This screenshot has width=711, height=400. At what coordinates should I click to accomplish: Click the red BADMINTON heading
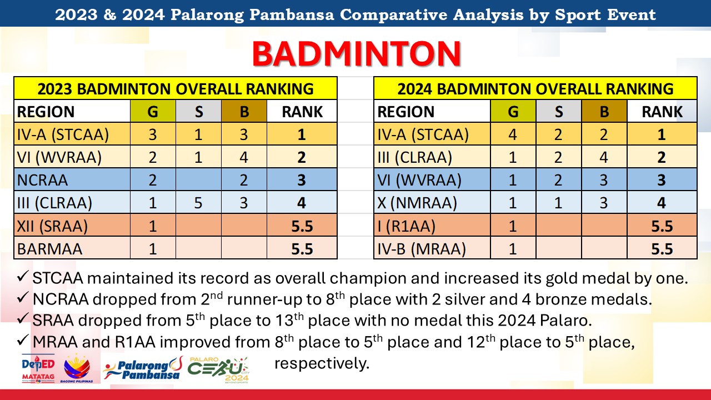tap(356, 54)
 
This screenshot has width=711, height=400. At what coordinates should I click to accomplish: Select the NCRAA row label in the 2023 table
tap(42, 180)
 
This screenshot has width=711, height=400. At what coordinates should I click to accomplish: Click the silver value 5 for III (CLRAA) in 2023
tap(198, 203)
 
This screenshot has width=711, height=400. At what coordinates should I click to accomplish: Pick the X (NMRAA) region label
tap(417, 203)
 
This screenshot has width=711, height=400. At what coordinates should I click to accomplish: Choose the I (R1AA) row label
tap(406, 226)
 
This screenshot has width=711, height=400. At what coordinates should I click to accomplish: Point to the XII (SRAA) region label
tap(52, 226)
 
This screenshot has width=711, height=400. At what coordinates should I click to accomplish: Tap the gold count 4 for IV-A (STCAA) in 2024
tap(513, 134)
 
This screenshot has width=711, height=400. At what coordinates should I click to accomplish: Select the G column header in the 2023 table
tap(153, 112)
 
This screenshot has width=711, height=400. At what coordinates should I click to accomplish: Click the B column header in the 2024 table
tap(604, 112)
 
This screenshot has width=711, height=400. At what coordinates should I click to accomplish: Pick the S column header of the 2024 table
tap(559, 112)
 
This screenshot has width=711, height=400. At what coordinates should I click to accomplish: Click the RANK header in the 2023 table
tap(302, 112)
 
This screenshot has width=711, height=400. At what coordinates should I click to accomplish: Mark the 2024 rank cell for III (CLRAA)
tap(662, 157)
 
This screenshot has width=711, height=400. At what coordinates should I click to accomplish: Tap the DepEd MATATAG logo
tap(38, 368)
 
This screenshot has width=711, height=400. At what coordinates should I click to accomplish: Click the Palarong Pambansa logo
tap(143, 369)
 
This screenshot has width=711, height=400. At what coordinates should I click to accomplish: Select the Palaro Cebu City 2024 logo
tap(218, 370)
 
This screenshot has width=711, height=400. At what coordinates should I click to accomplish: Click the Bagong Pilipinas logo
tap(77, 368)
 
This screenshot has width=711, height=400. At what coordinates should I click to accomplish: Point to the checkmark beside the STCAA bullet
tap(23, 277)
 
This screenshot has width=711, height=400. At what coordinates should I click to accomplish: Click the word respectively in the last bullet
tap(322, 363)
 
